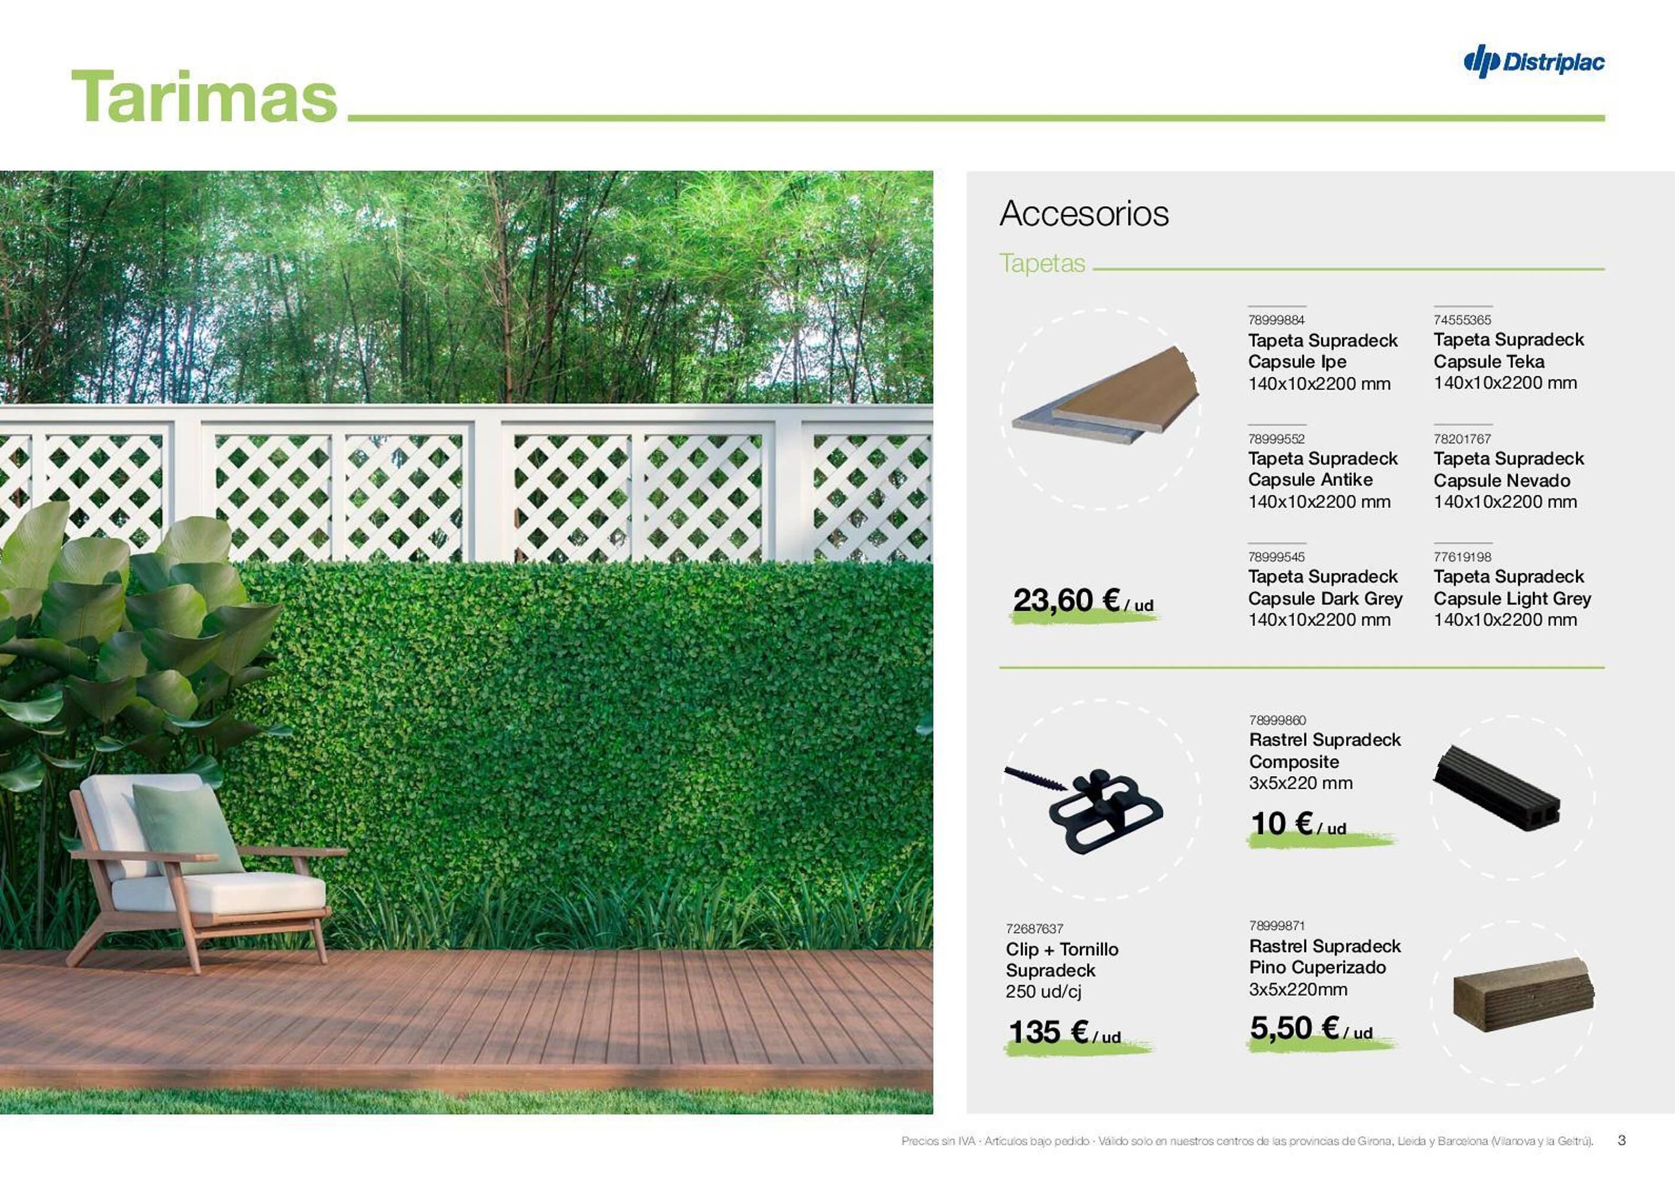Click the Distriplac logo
click(1533, 62)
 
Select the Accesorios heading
click(1084, 213)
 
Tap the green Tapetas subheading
click(1043, 263)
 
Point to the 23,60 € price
click(1082, 601)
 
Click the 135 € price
click(1065, 1032)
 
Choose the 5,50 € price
click(1311, 1028)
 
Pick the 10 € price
click(1298, 823)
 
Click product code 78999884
click(1276, 320)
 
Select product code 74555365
click(1462, 320)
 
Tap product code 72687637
click(1034, 929)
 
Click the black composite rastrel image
click(1496, 789)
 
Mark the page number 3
click(1621, 1140)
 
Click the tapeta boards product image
click(1106, 395)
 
